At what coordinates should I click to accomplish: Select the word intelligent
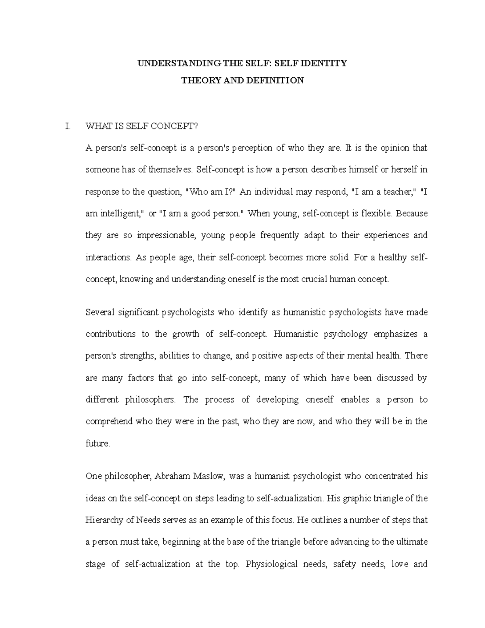116,214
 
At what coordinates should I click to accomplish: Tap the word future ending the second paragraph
97,443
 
